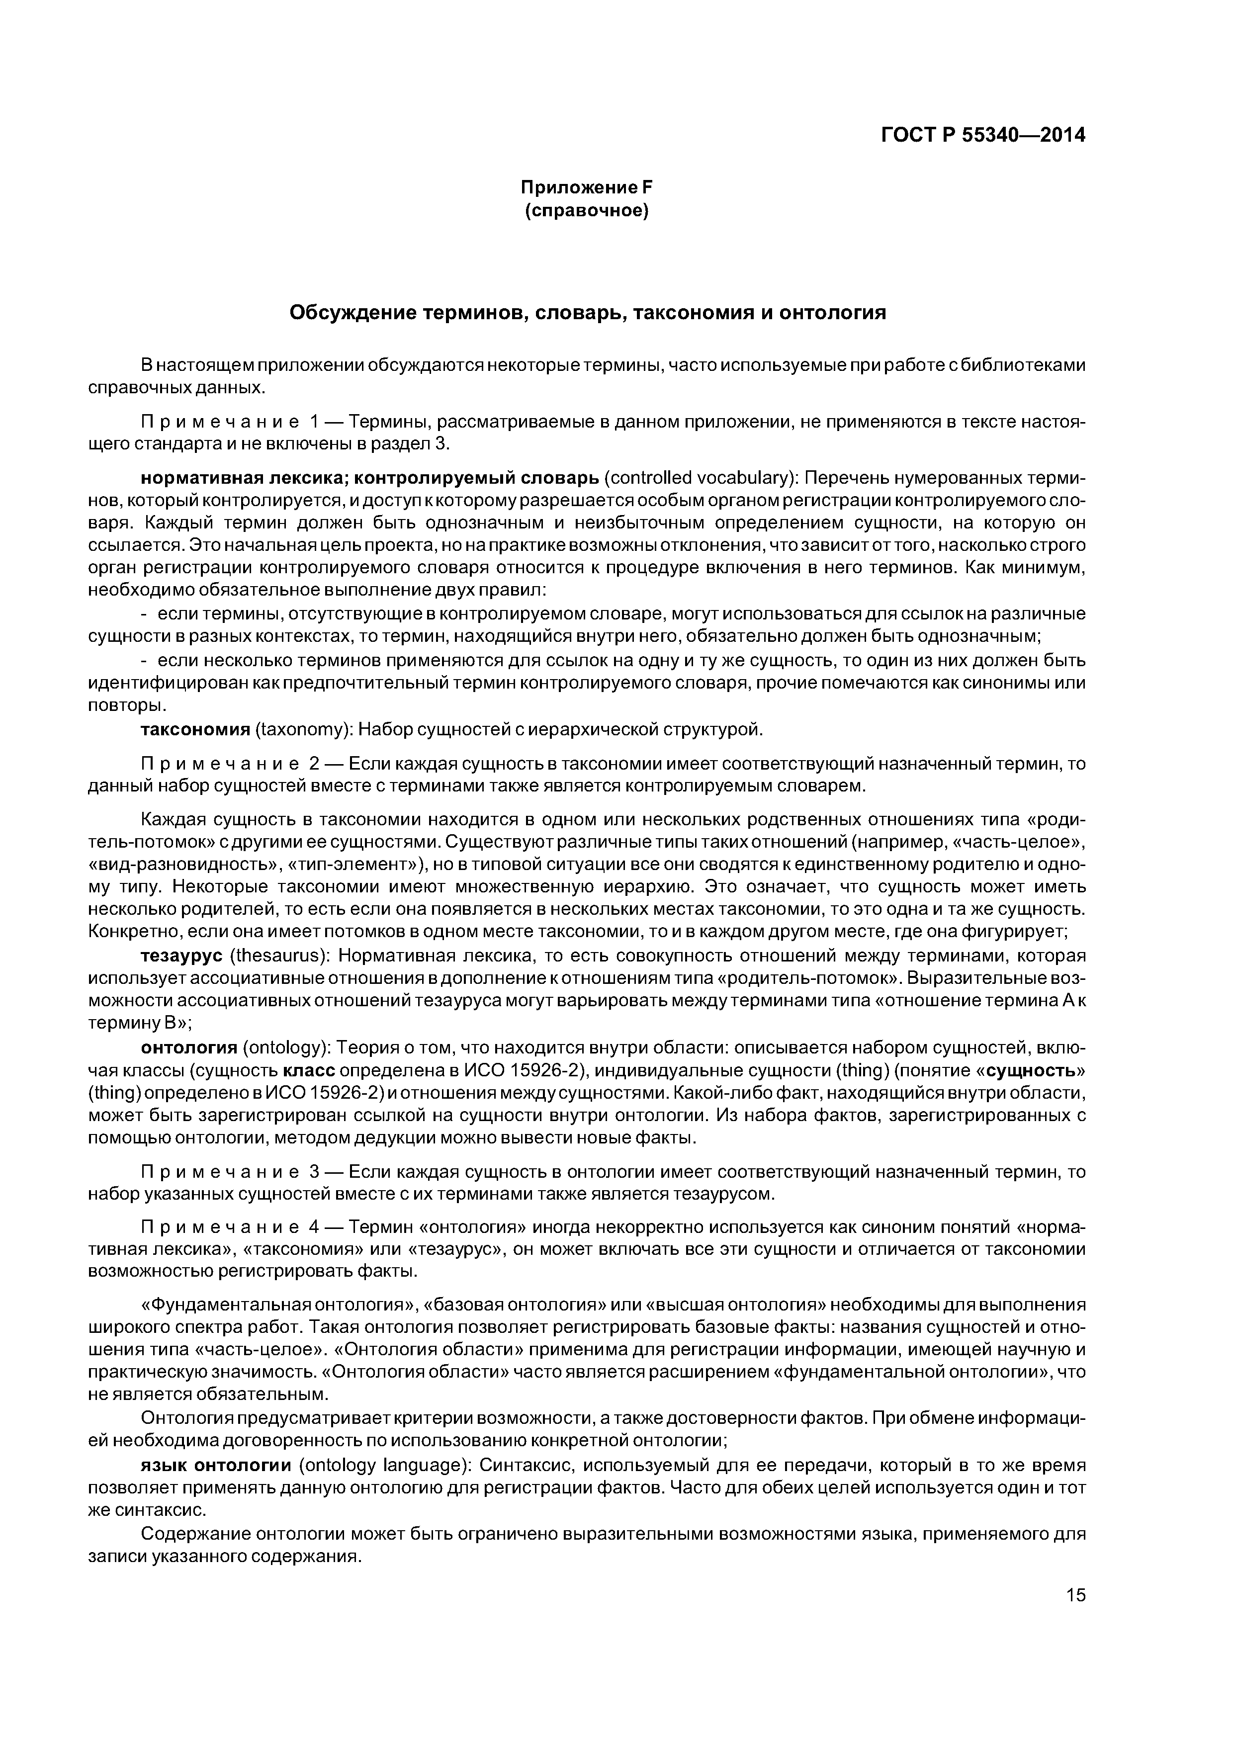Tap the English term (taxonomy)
(304, 730)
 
